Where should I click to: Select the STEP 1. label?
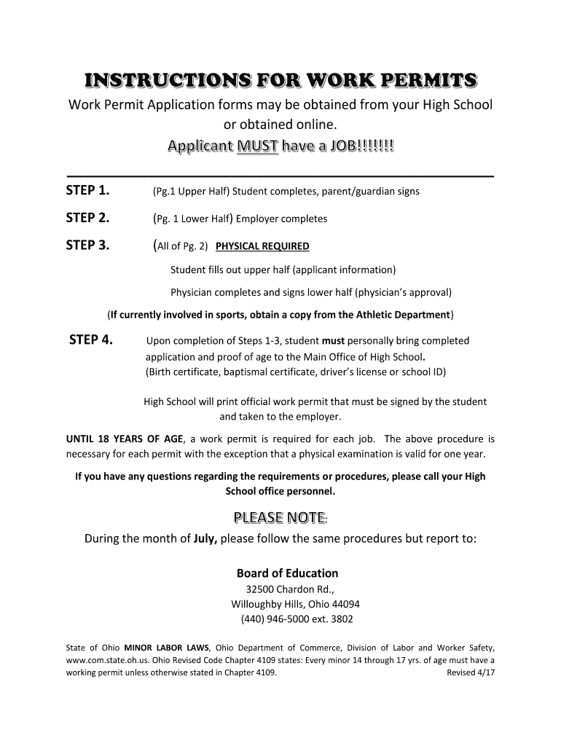pos(87,191)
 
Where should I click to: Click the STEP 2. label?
pos(87,218)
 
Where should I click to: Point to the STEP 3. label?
pos(87,245)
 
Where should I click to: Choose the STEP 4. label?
pos(90,339)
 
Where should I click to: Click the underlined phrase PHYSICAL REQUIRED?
pos(263,246)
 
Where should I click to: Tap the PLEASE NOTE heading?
pos(278,518)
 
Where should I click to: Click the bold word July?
pos(205,540)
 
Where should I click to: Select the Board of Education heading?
pos(287,573)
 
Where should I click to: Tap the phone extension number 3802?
pos(340,619)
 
